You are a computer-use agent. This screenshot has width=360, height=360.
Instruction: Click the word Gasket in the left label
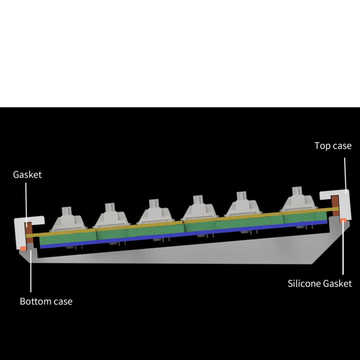tap(27, 175)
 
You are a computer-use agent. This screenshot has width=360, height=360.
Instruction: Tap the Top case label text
tap(333, 146)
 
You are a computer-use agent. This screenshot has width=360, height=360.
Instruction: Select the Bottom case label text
tap(46, 301)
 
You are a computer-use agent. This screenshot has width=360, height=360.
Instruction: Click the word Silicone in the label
tap(304, 284)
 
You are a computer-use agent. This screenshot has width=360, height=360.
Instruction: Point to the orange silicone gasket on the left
tap(23, 248)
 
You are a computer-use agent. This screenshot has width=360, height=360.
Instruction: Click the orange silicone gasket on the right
tap(343, 220)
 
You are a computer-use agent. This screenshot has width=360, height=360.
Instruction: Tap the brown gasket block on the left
tap(29, 232)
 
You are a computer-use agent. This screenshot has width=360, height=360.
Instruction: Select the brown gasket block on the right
tap(335, 206)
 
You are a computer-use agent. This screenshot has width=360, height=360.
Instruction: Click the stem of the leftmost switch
tap(67, 211)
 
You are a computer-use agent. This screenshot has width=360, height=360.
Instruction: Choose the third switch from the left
tap(156, 211)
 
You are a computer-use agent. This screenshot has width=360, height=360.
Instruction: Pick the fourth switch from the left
tap(199, 208)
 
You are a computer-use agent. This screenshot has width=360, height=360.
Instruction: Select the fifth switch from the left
tap(243, 204)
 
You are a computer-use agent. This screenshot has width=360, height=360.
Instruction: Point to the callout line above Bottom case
tap(31, 271)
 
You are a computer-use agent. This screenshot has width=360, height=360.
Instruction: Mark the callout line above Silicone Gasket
tap(343, 248)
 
